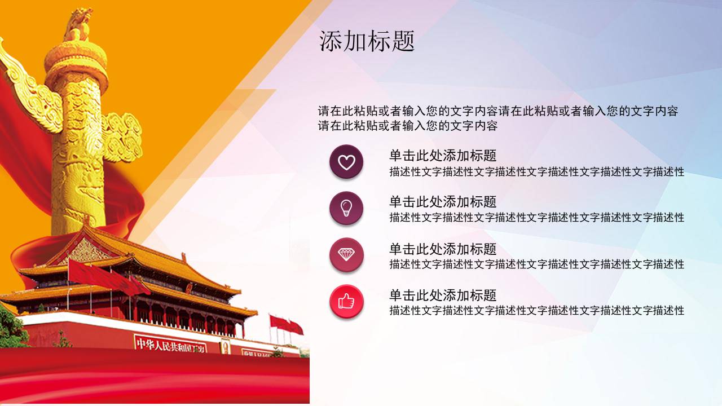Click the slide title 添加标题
(367, 42)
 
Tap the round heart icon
(346, 162)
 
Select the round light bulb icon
(346, 209)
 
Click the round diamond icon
(346, 255)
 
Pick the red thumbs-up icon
(346, 302)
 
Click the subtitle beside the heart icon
(443, 155)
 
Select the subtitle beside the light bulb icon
(443, 202)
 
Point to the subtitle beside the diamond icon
(443, 249)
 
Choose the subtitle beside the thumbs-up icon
(443, 295)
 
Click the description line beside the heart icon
(536, 172)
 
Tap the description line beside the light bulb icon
(536, 218)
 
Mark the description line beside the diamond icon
(536, 264)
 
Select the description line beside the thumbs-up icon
(536, 310)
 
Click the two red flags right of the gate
(286, 324)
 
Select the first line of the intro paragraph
(498, 111)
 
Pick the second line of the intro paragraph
(407, 126)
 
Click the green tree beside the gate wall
(11, 327)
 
